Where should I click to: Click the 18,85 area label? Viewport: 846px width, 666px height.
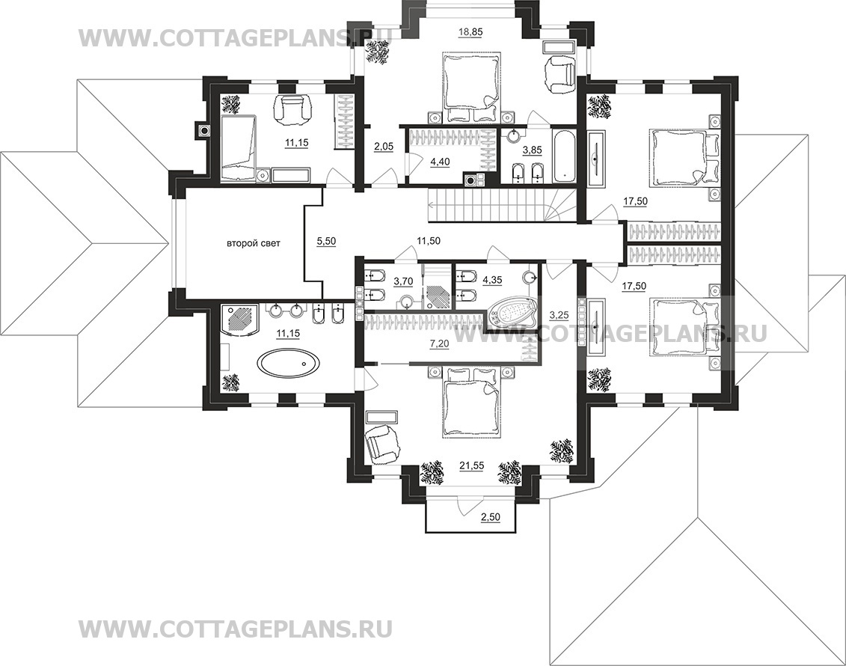coord(470,32)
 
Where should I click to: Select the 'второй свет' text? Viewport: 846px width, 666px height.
coord(253,243)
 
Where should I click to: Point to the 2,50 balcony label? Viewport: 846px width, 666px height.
coord(491,517)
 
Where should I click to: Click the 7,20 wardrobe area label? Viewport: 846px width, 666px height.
coord(439,342)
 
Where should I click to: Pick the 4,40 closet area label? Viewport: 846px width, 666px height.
coord(440,161)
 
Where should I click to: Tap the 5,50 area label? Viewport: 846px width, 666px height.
coord(326,242)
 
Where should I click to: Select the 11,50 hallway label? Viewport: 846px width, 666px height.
coord(429,241)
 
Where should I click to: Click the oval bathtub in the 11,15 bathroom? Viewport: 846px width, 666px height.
coord(288,362)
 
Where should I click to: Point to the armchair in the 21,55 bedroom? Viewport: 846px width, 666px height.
coord(382,443)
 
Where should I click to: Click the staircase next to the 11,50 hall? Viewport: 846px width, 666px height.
coord(502,204)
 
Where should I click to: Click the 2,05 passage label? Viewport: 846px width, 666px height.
coord(384,144)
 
